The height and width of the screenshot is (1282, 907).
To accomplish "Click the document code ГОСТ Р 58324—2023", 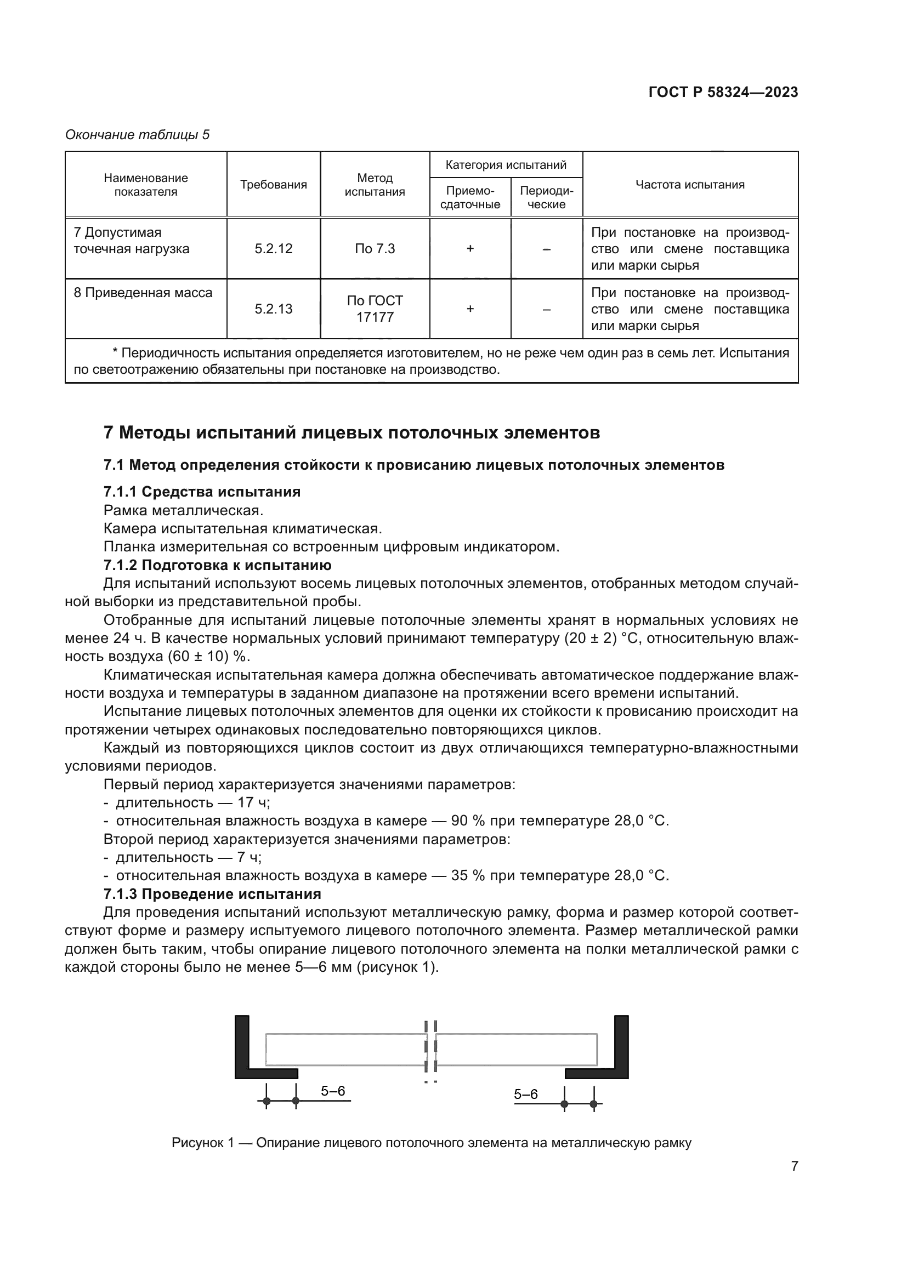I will click(723, 92).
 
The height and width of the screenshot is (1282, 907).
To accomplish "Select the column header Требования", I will click(273, 185).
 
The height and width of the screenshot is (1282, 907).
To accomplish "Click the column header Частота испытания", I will click(690, 185).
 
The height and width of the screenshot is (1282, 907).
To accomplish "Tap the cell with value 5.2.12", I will click(273, 249).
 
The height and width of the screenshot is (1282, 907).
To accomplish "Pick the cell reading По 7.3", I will click(374, 249).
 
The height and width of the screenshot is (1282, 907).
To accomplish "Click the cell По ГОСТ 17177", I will click(374, 309).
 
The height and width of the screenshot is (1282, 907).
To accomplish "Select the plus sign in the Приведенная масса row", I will click(470, 309).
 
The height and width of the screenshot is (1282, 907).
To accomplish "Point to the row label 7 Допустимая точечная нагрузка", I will click(131, 241).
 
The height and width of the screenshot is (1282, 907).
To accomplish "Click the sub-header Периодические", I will click(546, 198).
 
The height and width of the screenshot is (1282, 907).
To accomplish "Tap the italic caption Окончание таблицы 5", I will click(138, 135).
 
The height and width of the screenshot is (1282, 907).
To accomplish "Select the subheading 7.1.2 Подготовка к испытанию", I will click(217, 565).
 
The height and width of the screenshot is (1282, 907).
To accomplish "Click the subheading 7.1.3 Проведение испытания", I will click(212, 894).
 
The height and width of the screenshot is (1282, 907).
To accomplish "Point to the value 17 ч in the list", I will click(253, 802).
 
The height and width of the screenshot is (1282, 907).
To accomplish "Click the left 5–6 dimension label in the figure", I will click(333, 1091).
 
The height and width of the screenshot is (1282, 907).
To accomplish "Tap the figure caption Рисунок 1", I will click(431, 1143).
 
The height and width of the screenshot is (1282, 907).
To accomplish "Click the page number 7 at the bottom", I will click(794, 1166).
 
